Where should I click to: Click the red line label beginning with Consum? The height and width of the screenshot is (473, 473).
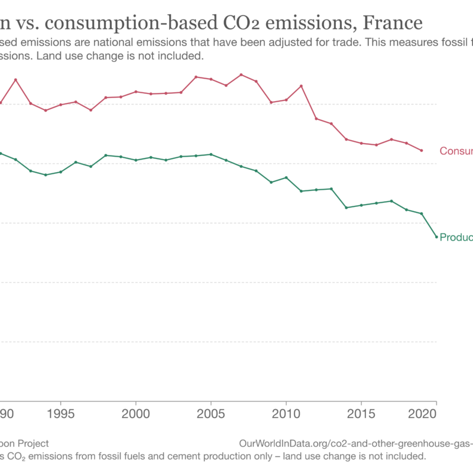coord(456,151)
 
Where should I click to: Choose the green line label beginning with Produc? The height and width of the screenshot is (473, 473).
coord(456,237)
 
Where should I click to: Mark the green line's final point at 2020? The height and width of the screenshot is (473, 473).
coord(436,237)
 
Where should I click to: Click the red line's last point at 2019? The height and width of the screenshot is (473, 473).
coord(422,150)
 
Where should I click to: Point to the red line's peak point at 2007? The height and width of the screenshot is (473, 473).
coord(241,74)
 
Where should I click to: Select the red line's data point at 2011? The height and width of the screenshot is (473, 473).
coord(302,86)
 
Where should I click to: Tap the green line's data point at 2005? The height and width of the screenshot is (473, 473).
coord(211,154)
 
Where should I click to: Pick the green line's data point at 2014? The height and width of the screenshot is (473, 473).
coord(346,208)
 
